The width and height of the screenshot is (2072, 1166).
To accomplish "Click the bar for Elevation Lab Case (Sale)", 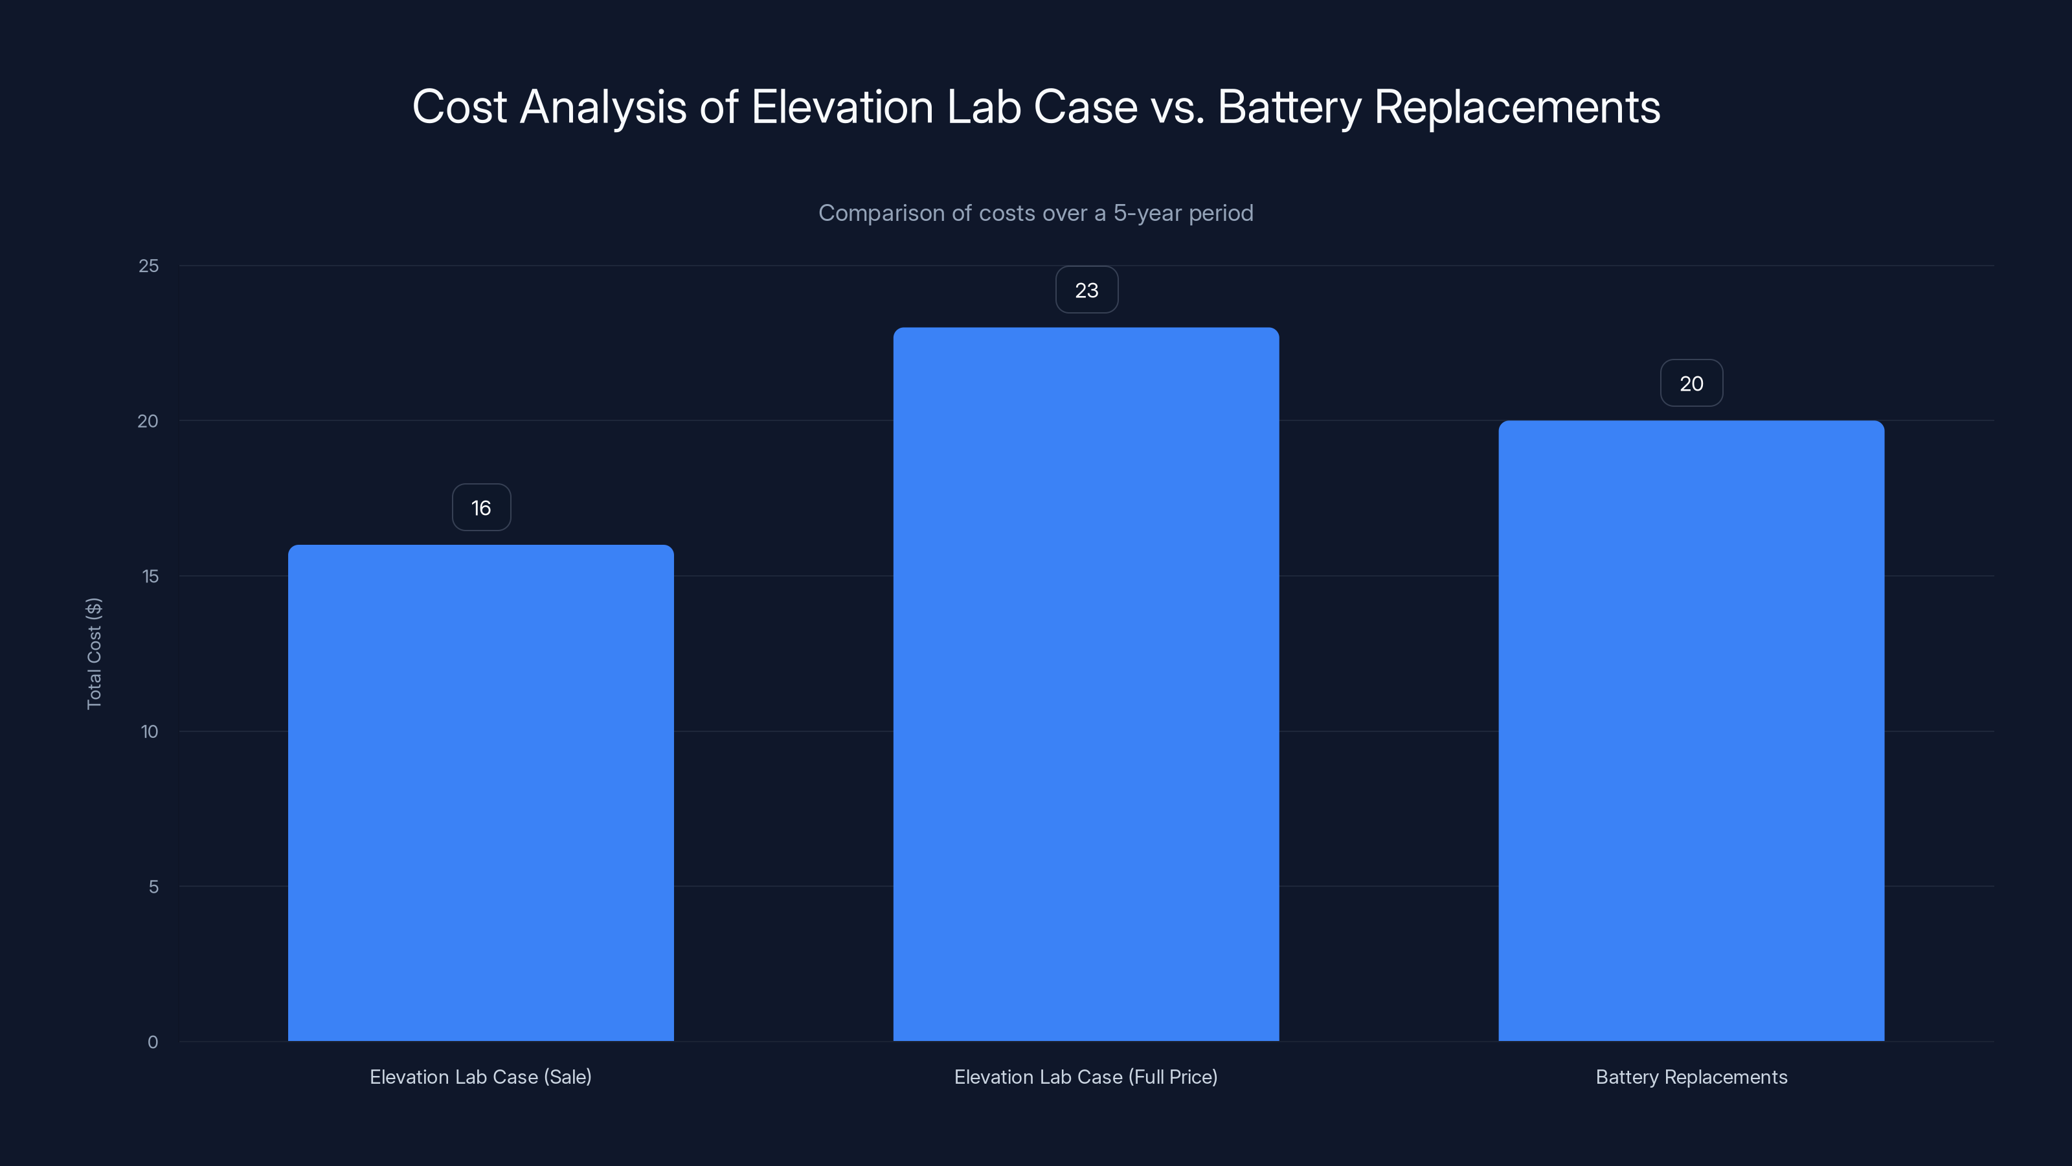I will coord(481,793).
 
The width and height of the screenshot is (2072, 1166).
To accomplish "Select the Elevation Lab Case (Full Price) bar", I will coord(1086,684).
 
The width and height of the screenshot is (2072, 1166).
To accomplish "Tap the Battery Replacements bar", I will coord(1691,731).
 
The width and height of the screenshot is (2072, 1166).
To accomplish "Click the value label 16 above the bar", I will coord(481,508).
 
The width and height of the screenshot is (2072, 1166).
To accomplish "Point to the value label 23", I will coord(1086,290).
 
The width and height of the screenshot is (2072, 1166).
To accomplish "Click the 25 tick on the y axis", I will coord(149,266).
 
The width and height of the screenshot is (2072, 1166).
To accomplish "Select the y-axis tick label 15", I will coord(150,576).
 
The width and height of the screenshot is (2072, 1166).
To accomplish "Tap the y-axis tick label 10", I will coord(150,731).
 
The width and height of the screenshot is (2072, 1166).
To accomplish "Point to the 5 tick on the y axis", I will coord(153,887).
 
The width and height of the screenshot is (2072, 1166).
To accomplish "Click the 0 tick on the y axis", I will coord(153,1042).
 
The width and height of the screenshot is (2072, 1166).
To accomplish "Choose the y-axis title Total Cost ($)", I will coord(94,654).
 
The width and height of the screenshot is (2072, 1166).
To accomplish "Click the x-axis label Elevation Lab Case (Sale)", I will coord(480,1077).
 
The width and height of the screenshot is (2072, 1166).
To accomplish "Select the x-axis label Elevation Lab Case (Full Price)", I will coord(1086,1077).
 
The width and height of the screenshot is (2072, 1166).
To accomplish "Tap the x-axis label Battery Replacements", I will coord(1691,1077).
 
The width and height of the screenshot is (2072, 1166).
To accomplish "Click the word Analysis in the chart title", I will coord(603,107).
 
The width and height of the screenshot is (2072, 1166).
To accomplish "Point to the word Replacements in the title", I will coord(1517,107).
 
